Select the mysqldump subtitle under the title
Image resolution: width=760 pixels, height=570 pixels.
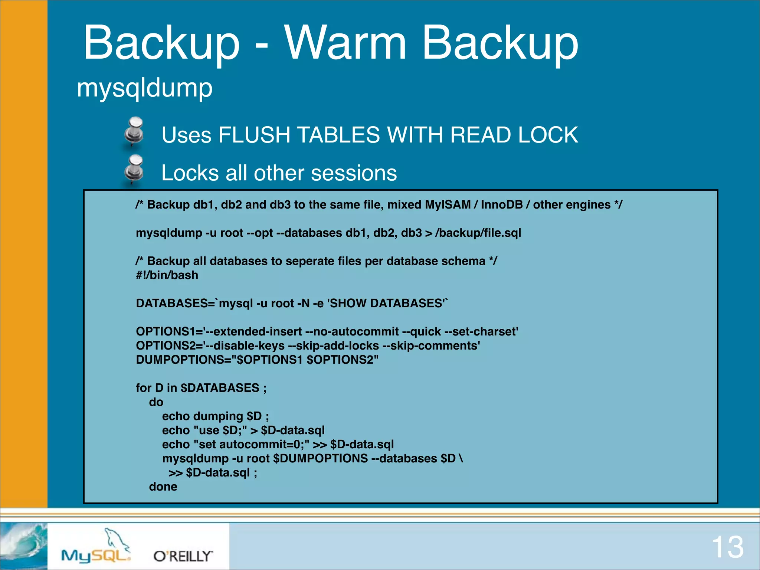point(145,88)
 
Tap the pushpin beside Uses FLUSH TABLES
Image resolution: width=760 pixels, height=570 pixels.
point(134,131)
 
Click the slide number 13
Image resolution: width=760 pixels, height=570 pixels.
point(727,547)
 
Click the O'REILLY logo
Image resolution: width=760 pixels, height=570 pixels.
point(183,556)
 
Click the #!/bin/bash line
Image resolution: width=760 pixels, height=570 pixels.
point(167,275)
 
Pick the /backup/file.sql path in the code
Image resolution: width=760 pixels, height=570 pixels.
point(478,233)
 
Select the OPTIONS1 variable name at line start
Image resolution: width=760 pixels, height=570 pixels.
point(164,331)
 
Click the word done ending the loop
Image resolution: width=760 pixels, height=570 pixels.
point(163,487)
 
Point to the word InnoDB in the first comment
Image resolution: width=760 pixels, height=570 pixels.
point(502,205)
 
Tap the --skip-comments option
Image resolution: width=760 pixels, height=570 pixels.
point(431,345)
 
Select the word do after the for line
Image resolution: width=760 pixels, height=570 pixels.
point(156,402)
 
